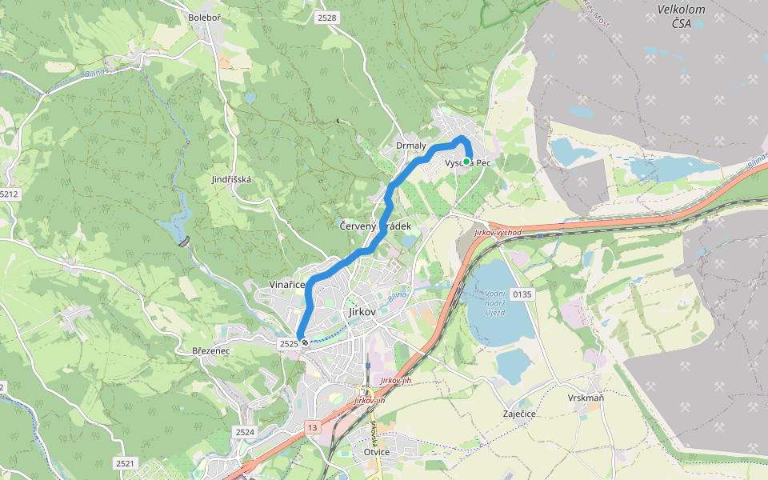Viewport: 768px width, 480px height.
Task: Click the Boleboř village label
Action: click(203, 17)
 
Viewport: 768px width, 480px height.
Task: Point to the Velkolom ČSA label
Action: click(674, 16)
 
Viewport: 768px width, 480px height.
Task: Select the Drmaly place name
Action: click(411, 146)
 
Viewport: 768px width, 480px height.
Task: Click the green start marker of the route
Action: click(466, 162)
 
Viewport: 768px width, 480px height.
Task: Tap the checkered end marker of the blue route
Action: click(304, 342)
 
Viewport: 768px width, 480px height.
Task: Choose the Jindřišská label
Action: click(231, 179)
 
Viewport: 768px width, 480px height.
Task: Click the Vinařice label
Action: click(286, 285)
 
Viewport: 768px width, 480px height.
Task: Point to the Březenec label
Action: click(211, 351)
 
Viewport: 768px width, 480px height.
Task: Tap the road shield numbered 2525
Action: click(288, 343)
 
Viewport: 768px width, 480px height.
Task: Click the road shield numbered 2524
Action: click(245, 432)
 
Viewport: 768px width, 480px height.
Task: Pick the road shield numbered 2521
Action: click(125, 463)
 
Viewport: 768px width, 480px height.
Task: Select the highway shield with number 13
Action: click(311, 428)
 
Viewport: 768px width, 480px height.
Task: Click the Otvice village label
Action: click(376, 452)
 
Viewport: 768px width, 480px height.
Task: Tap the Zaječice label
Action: click(519, 414)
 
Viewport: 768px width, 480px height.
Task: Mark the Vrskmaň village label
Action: click(586, 398)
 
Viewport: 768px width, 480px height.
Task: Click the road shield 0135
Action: click(522, 294)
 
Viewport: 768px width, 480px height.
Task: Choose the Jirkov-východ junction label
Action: click(497, 233)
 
